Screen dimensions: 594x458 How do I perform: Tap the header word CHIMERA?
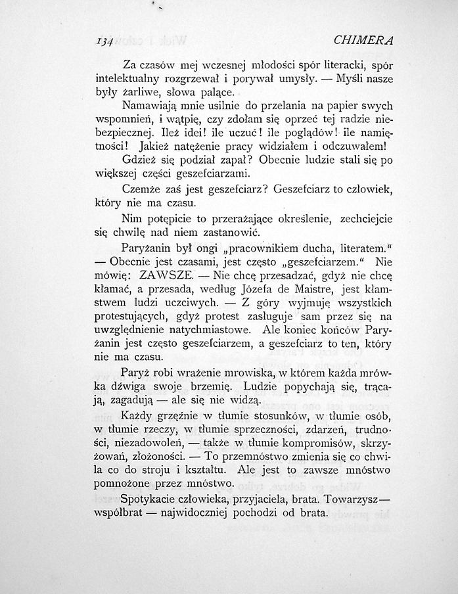(363, 40)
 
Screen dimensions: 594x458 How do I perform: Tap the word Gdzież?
(139, 160)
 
